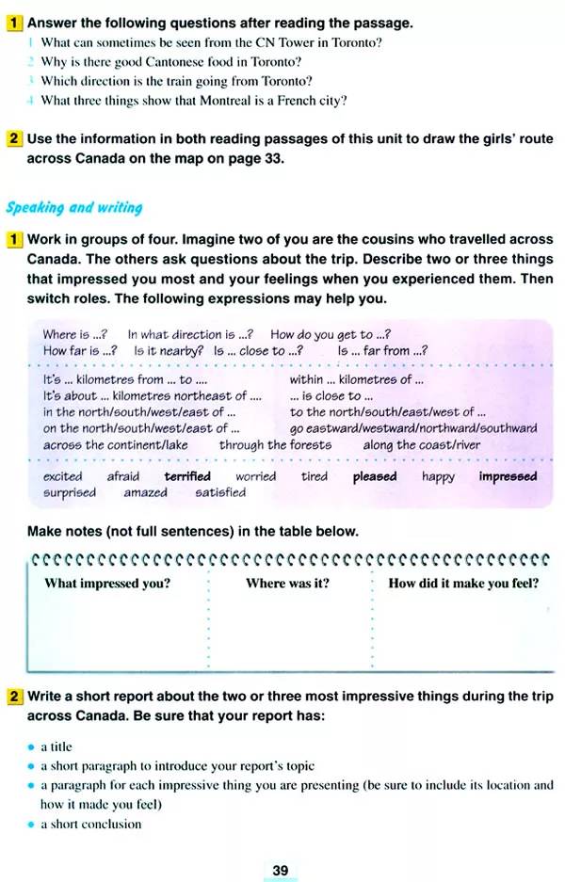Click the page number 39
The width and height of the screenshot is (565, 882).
click(281, 871)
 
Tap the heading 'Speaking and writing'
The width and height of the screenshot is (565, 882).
click(74, 207)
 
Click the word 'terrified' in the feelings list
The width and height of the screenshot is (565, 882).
click(187, 476)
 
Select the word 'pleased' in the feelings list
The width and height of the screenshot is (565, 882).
click(375, 476)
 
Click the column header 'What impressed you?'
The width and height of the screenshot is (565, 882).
click(107, 584)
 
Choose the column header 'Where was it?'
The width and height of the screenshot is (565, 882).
click(287, 584)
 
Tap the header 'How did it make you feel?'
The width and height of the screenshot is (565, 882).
click(463, 584)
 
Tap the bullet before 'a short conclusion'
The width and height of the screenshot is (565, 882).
click(32, 825)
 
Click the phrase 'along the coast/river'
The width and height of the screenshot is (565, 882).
click(421, 444)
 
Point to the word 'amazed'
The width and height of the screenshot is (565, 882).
click(146, 492)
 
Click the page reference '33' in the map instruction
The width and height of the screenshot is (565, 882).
click(274, 159)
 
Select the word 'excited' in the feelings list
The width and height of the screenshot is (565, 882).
click(63, 476)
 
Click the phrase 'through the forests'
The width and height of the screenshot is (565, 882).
click(275, 444)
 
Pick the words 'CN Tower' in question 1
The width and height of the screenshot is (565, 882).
click(282, 43)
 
